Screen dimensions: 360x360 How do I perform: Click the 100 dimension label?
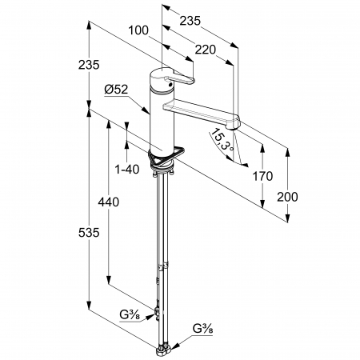(x=138, y=30)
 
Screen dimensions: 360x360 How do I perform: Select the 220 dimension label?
(x=205, y=50)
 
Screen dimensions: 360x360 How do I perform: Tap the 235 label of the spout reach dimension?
(x=190, y=21)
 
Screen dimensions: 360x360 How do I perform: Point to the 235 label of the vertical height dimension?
(x=89, y=65)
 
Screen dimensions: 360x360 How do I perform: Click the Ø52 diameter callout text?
(x=116, y=90)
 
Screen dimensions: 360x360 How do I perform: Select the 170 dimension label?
(x=262, y=176)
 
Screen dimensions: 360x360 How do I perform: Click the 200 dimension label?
(x=287, y=197)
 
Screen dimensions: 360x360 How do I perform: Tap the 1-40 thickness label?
(x=127, y=169)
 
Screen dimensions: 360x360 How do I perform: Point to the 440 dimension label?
(x=109, y=202)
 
